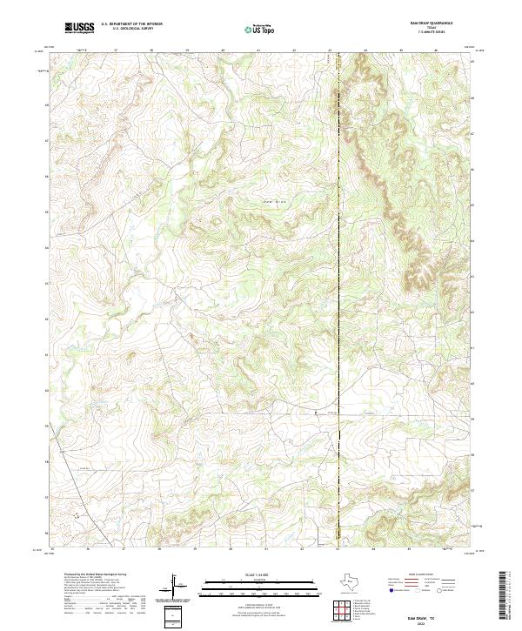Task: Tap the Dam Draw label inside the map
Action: (275, 202)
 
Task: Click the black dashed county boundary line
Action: (338, 305)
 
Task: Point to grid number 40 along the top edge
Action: (224, 50)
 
